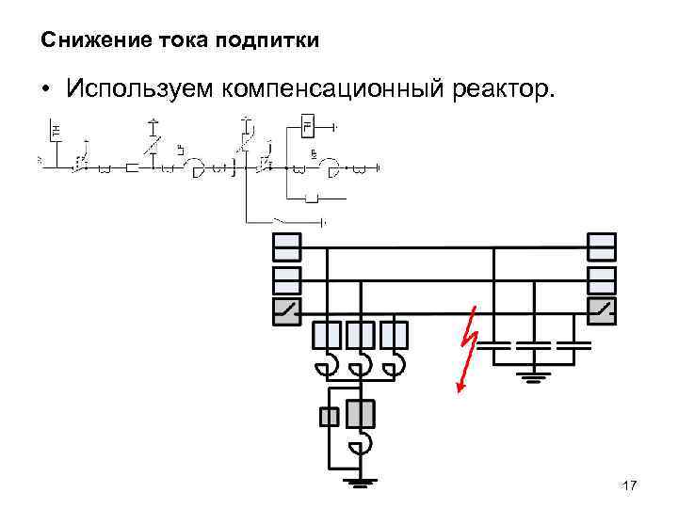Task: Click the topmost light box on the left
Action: pos(286,247)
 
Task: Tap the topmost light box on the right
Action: pos(601,247)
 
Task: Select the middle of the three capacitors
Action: pos(535,345)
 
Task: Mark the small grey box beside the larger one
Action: pos(329,416)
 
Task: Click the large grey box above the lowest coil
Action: pos(361,414)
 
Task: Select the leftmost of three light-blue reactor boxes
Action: pos(326,336)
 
